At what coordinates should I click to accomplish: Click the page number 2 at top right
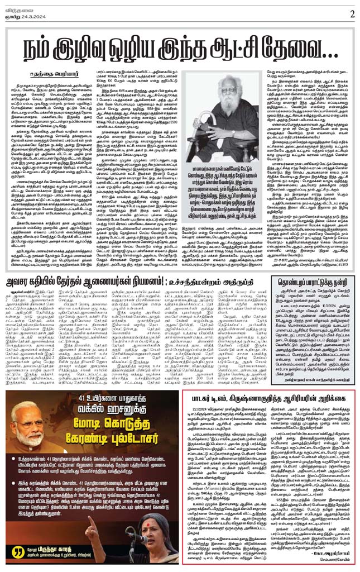(352, 13)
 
